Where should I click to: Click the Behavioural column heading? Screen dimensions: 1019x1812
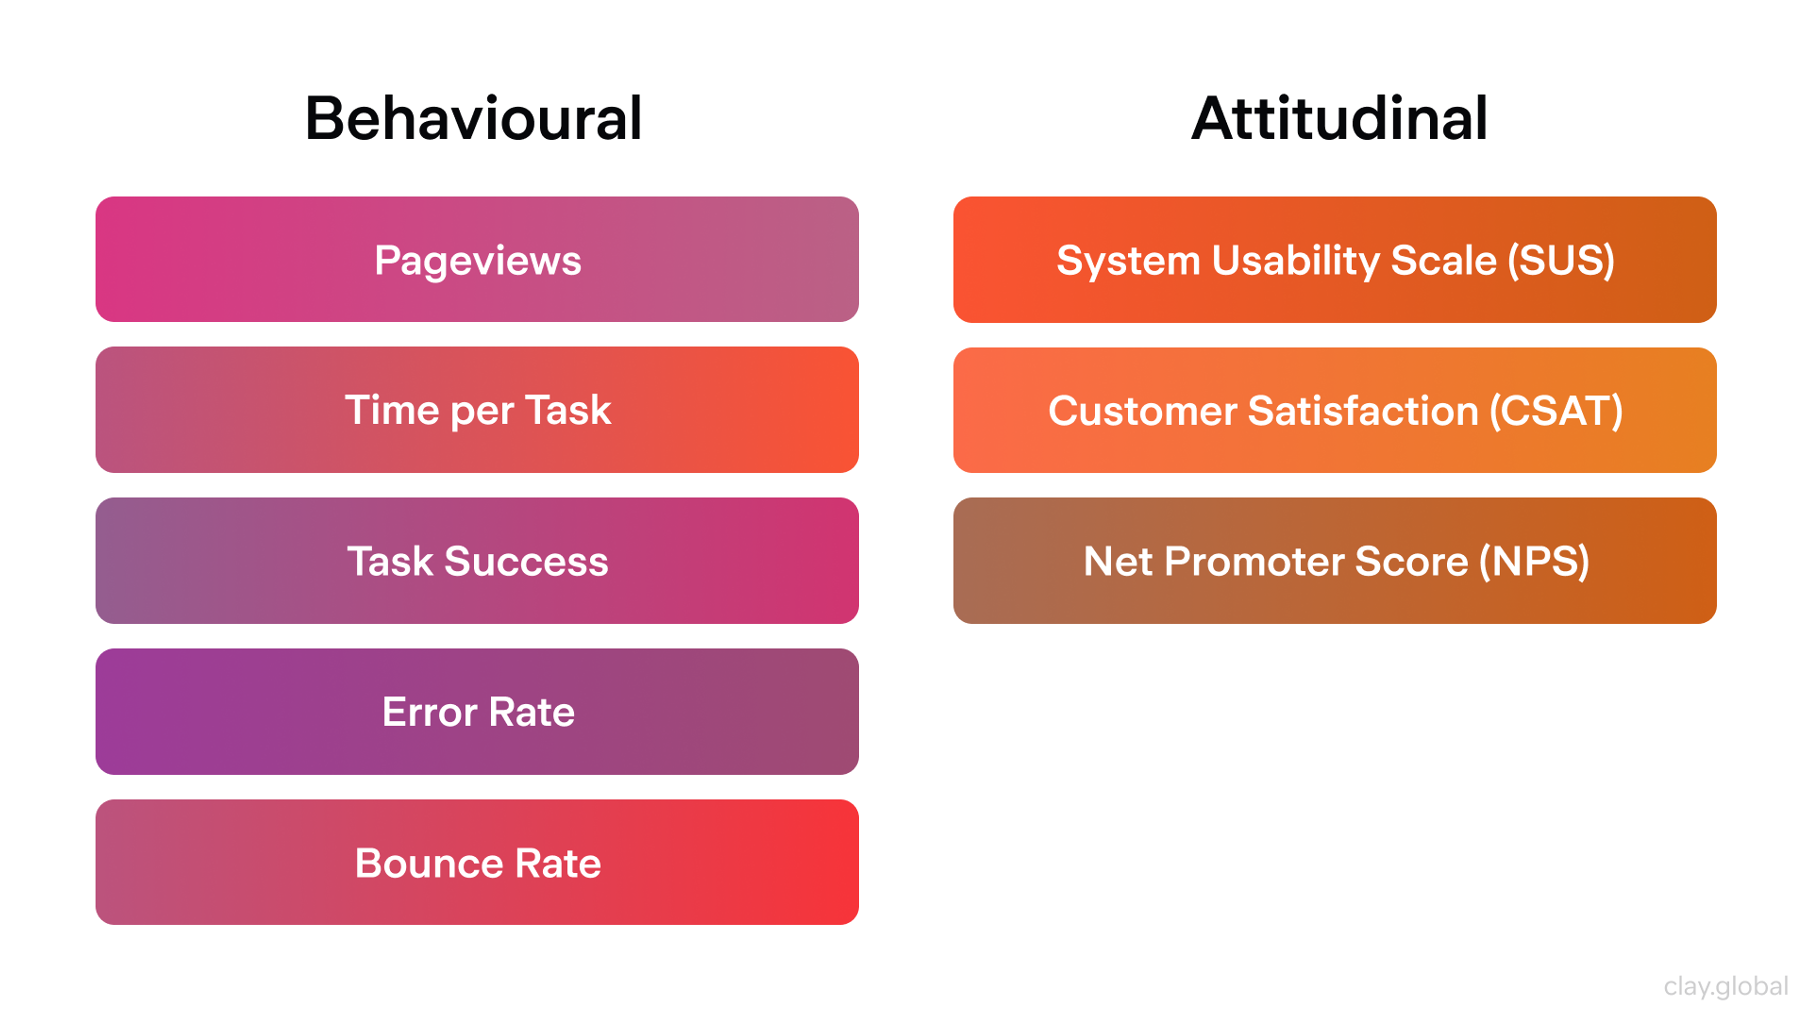point(473,118)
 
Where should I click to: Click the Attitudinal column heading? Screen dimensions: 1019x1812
point(1339,118)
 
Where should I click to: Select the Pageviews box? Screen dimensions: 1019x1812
point(477,259)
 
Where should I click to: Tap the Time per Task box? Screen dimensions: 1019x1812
point(477,410)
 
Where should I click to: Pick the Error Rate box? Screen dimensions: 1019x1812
point(477,712)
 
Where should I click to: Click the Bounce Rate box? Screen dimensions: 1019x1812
point(477,862)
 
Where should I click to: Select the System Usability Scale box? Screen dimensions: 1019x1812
point(1334,259)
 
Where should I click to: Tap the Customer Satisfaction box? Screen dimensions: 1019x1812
point(1334,410)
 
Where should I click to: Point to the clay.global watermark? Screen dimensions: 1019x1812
point(1726,986)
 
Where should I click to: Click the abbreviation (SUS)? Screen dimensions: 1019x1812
point(1561,260)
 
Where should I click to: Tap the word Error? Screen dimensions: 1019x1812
point(429,712)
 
